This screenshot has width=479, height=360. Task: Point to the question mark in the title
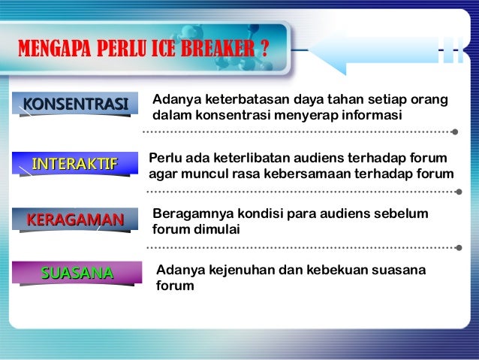click(264, 50)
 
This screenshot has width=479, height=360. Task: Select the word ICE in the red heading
click(173, 50)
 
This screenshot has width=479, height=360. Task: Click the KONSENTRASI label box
click(75, 103)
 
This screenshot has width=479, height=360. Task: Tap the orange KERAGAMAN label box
click(75, 219)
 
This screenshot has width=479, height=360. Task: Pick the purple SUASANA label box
click(75, 271)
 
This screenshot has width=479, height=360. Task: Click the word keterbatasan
click(228, 101)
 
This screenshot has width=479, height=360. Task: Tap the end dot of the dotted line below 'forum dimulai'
click(456, 247)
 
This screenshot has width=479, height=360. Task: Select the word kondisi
click(255, 215)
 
